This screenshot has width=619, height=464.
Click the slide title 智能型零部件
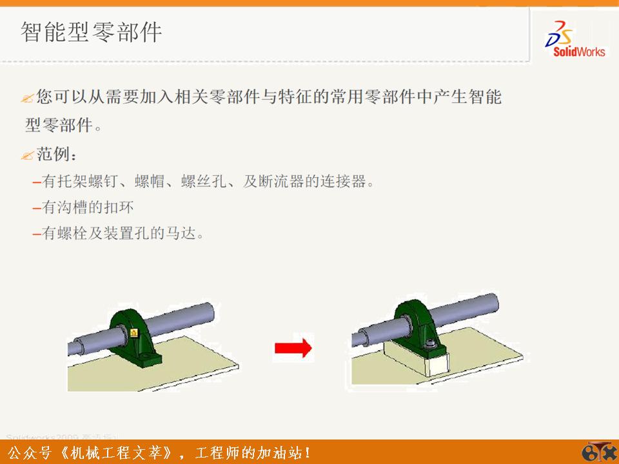(91, 32)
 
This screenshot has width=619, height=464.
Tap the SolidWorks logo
(576, 39)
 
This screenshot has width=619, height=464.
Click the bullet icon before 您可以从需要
(27, 99)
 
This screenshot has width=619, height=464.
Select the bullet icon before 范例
(27, 156)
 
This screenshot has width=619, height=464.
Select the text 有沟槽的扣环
(88, 208)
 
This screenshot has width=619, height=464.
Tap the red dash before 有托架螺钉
(37, 182)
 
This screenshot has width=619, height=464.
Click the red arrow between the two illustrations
(293, 348)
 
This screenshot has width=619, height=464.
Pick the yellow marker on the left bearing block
(133, 333)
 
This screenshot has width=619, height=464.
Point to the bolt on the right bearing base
(430, 342)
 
